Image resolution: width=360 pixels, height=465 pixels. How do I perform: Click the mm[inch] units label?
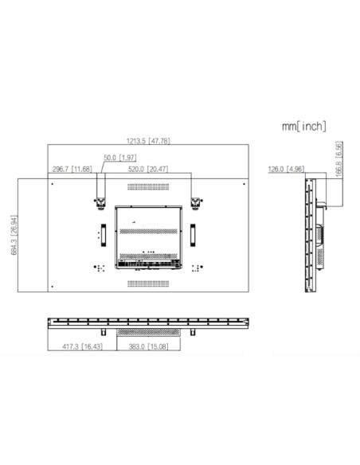coord(303,125)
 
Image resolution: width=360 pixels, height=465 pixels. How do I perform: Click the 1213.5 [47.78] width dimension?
coord(148,141)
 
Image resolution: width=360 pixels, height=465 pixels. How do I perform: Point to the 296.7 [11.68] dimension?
coord(72,169)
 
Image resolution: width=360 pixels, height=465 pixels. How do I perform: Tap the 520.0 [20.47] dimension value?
coord(148,169)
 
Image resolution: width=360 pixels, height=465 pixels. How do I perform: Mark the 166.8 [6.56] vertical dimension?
coord(339,160)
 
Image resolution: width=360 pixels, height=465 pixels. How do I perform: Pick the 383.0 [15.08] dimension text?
coord(149,347)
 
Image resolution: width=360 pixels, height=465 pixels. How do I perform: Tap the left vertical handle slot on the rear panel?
coord(102,233)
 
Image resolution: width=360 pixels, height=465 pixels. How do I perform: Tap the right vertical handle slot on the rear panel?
coord(192,233)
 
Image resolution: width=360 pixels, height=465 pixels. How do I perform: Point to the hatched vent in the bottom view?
coord(149,330)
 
